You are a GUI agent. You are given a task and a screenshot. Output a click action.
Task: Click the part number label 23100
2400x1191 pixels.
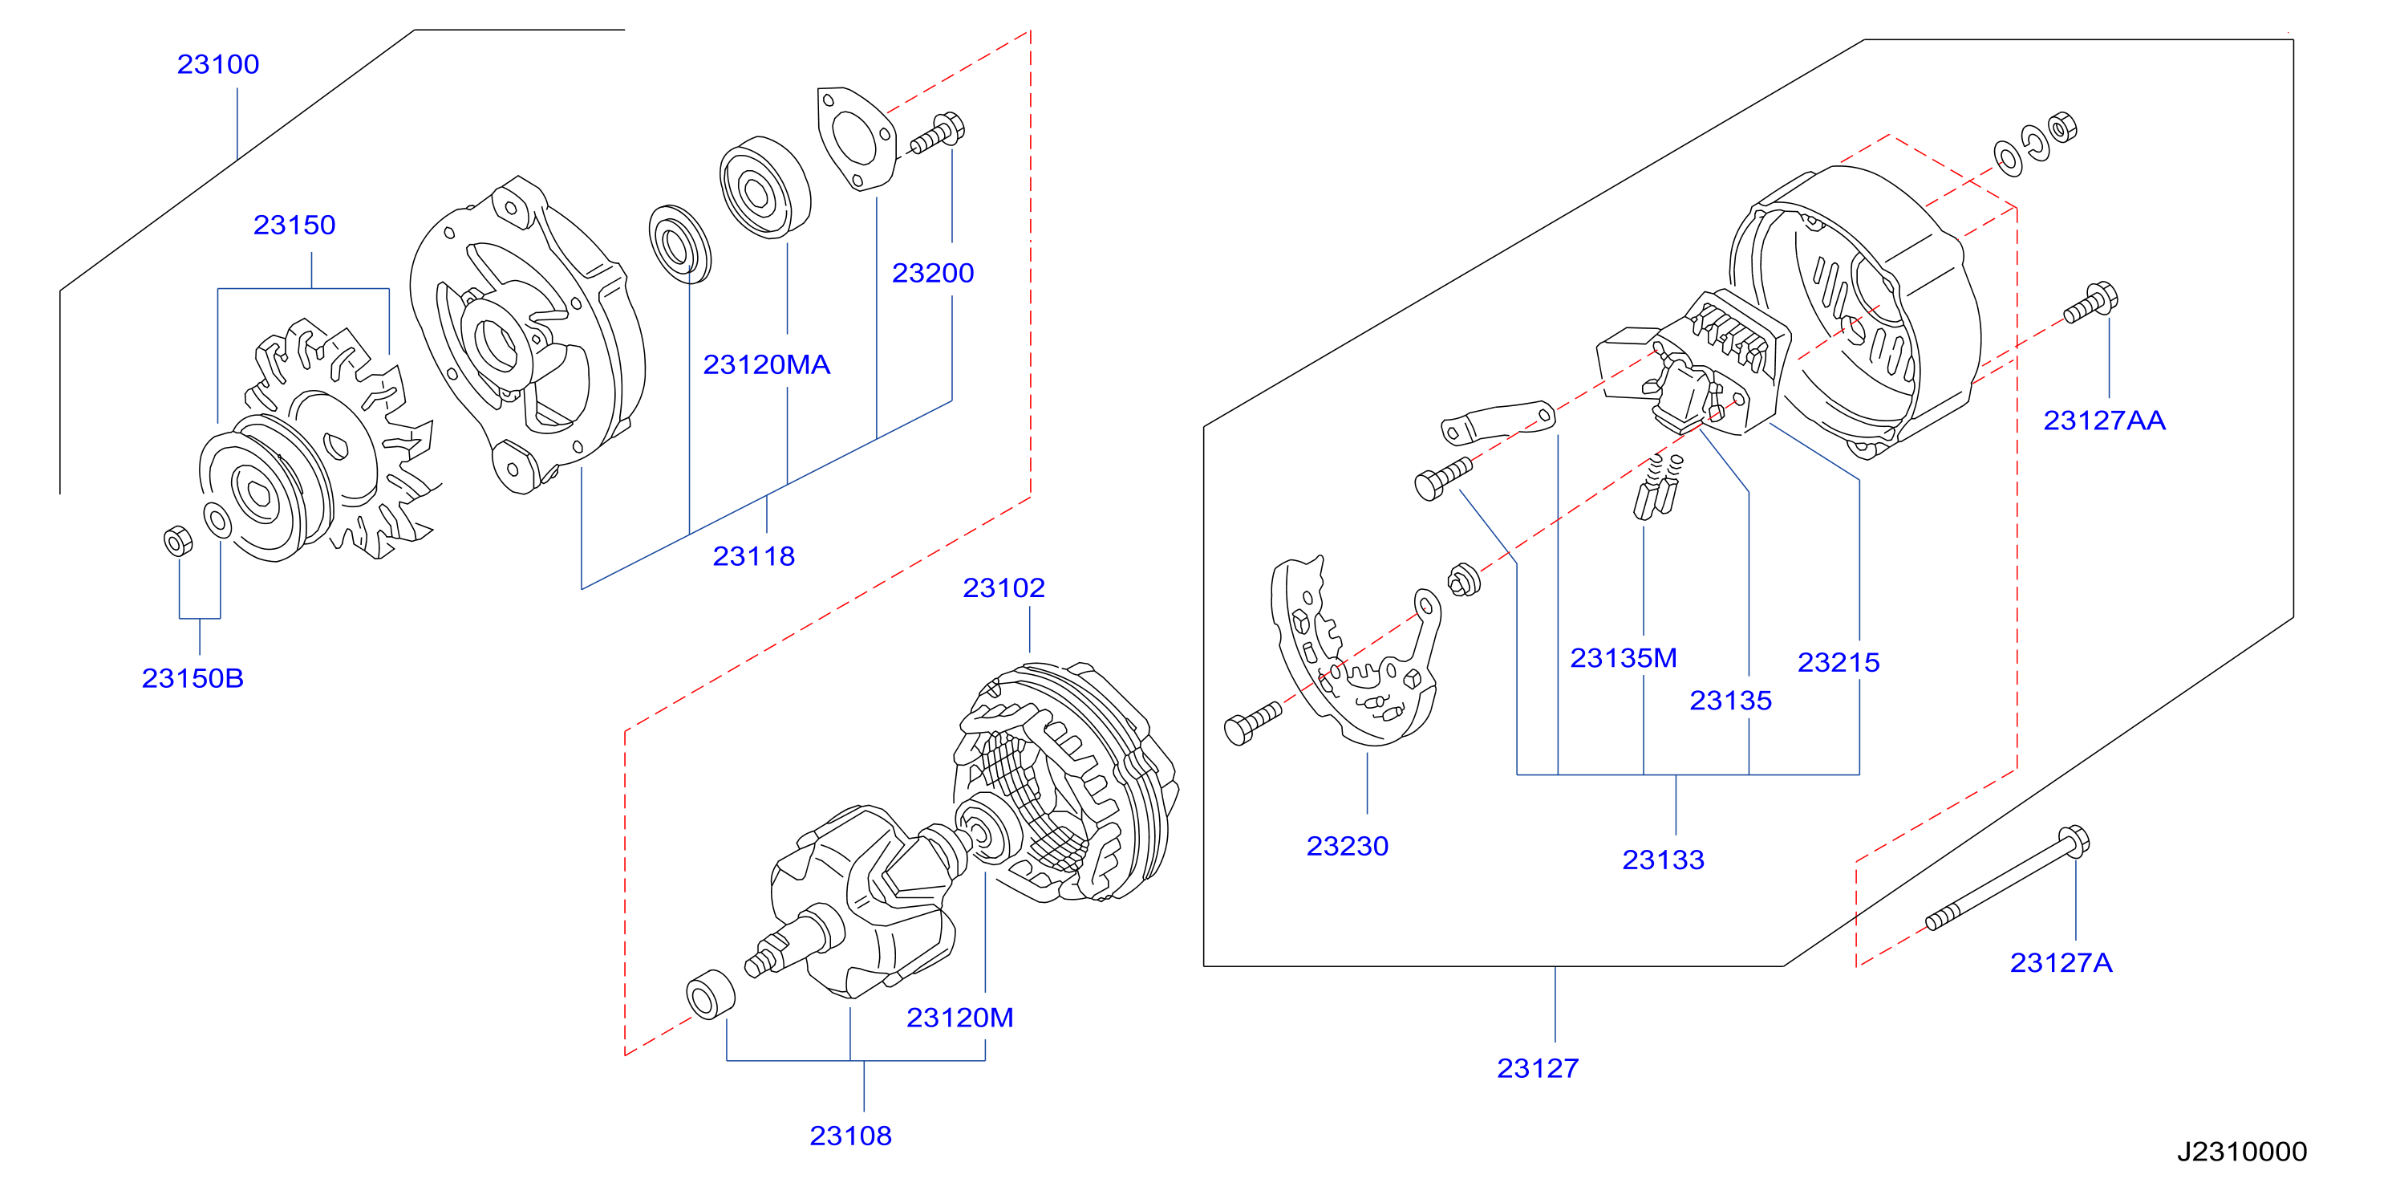click(218, 64)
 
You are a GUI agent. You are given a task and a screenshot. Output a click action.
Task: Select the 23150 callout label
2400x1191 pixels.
click(294, 225)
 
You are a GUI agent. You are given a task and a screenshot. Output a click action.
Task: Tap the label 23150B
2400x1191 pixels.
click(193, 677)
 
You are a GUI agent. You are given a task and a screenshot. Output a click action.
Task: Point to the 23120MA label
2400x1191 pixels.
click(767, 364)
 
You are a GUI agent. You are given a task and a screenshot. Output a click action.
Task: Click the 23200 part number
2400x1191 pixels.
click(933, 273)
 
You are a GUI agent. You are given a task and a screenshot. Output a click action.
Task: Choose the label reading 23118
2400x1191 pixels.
click(754, 556)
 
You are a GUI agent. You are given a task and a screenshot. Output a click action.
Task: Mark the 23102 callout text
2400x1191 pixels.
click(1003, 588)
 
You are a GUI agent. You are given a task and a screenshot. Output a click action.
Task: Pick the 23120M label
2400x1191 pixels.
click(959, 1018)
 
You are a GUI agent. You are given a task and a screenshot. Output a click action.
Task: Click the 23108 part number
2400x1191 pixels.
click(850, 1136)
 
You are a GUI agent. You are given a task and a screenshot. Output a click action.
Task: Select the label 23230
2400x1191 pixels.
click(1348, 846)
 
